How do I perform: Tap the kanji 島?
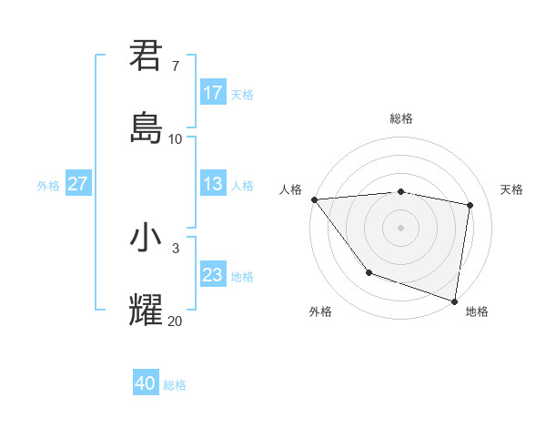pos(146,127)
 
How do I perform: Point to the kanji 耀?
pos(146,310)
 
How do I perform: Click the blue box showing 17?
pos(213,93)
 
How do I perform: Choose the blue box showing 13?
pos(213,184)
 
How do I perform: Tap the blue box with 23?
pos(213,275)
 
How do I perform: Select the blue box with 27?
pos(77,184)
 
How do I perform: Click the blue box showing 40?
pos(146,383)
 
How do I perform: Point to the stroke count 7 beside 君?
pos(176,66)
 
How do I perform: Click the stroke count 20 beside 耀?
pos(175,321)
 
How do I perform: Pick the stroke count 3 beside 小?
pos(176,248)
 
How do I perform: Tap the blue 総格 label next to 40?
pos(175,385)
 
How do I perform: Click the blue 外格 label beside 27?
pos(48,185)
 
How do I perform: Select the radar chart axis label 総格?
pos(401,118)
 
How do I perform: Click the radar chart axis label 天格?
pos(512,189)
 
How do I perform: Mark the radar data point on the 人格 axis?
pos(314,199)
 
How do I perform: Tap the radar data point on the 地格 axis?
pos(455,301)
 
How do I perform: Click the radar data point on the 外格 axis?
pos(369,272)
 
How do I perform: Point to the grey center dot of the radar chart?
pos(401,227)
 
